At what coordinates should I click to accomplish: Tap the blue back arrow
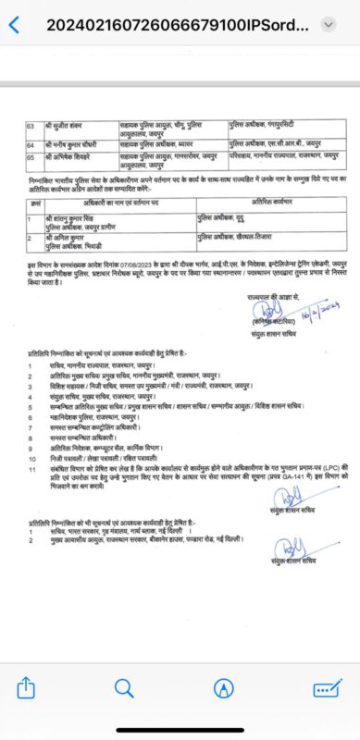pyautogui.click(x=14, y=24)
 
